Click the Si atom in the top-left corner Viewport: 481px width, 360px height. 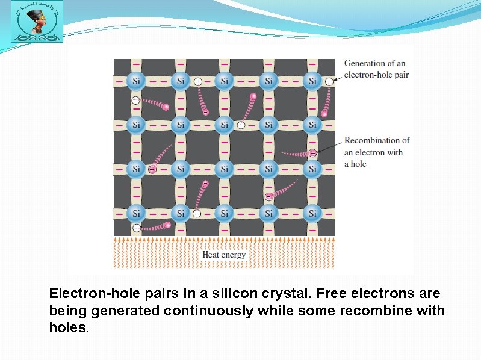click(x=136, y=81)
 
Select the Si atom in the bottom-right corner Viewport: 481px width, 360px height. click(x=312, y=213)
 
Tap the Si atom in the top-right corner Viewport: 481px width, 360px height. click(x=312, y=81)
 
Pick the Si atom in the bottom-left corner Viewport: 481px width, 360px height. click(x=136, y=213)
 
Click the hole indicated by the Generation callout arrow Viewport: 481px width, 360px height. click(x=329, y=81)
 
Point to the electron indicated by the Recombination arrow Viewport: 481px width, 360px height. click(x=313, y=154)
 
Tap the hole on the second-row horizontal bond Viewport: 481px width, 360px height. click(x=241, y=125)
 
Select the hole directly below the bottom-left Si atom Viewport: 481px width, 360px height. click(x=137, y=228)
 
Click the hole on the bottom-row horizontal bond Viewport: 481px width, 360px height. click(x=197, y=213)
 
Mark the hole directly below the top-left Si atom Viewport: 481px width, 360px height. click(x=135, y=101)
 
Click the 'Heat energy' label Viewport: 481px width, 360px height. click(x=224, y=255)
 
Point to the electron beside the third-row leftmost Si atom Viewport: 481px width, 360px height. click(x=152, y=170)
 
